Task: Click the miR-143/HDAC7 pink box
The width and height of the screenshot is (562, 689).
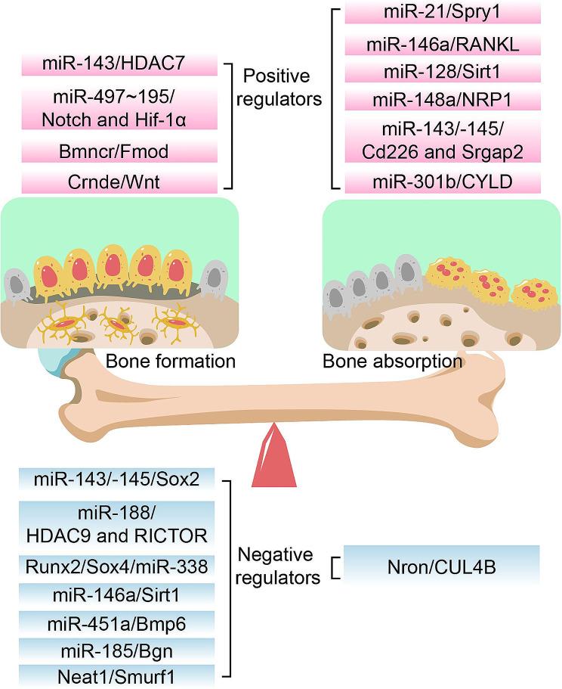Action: [119, 64]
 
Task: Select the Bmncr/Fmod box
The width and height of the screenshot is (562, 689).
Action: [119, 151]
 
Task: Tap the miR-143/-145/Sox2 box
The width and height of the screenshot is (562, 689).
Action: [119, 479]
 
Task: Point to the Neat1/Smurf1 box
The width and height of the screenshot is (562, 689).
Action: [119, 675]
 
